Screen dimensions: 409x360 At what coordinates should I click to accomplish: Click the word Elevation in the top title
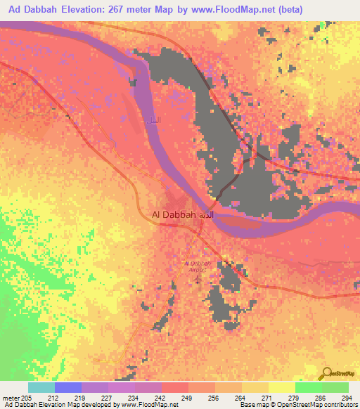[x=97, y=11]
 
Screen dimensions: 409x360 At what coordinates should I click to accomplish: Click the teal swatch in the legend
[x=41, y=387]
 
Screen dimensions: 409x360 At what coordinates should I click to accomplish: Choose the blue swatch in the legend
[x=68, y=387]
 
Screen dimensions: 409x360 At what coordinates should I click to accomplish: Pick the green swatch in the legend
[x=308, y=387]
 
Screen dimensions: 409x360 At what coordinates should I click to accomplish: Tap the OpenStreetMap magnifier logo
[x=328, y=374]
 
